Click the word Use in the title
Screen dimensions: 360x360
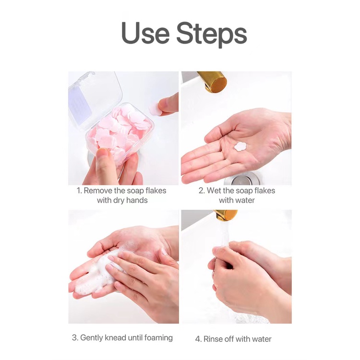pos(145,33)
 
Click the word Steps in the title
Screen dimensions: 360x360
pos(212,35)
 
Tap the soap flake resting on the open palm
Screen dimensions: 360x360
pos(240,146)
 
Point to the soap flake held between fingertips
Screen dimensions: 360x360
pos(154,108)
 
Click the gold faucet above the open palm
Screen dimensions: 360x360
pos(213,82)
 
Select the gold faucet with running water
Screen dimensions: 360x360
pos(225,215)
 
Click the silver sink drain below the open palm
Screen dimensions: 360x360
pos(242,180)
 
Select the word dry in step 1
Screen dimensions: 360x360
pos(119,201)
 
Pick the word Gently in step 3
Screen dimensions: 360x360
pos(92,338)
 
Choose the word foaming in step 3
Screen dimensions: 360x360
pos(159,338)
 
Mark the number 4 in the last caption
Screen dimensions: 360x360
pos(198,339)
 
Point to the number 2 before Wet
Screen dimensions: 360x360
pos(201,191)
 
